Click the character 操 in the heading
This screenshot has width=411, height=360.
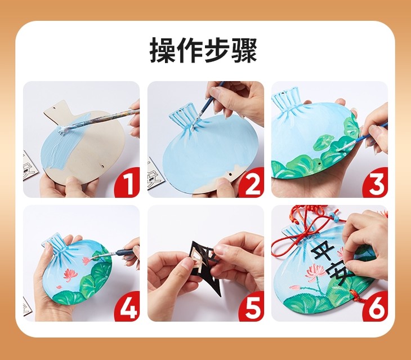[163, 50]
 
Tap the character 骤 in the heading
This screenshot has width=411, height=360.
[244, 50]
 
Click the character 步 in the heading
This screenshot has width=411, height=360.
[217, 50]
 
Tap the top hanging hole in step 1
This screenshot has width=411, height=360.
[55, 108]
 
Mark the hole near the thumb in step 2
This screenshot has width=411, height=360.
[230, 174]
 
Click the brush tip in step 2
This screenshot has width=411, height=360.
[194, 126]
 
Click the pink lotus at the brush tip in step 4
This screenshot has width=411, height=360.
[87, 260]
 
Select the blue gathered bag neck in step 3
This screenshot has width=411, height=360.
[286, 101]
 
